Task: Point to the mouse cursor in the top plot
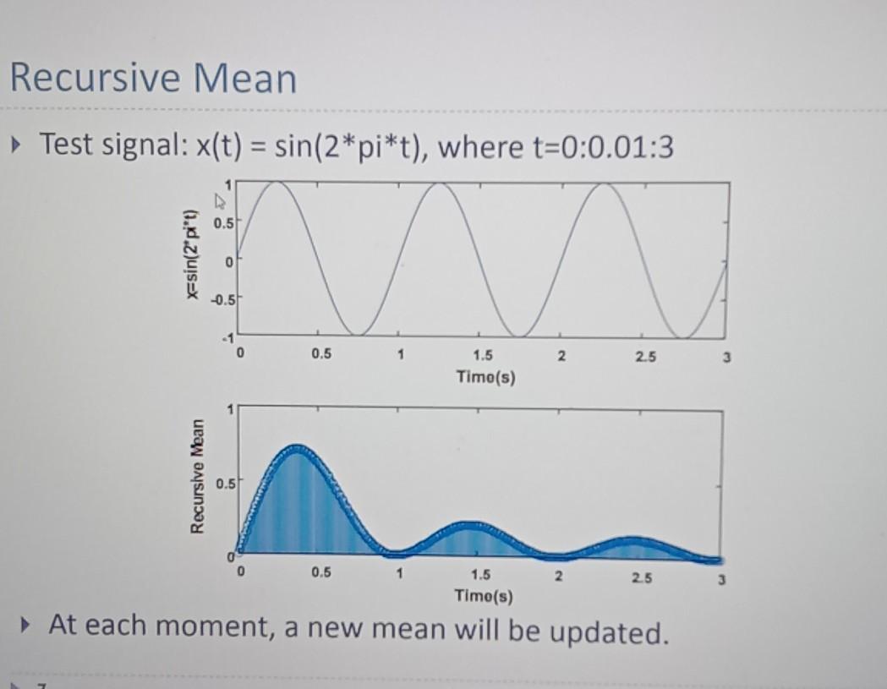click(222, 202)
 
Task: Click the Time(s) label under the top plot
click(485, 376)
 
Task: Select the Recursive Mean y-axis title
click(197, 478)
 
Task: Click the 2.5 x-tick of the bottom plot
click(640, 578)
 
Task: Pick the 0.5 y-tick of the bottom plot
click(224, 484)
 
